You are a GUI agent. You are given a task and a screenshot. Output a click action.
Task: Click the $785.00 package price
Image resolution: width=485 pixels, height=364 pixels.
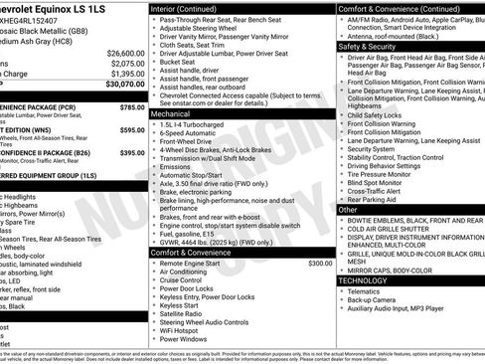[x=131, y=106]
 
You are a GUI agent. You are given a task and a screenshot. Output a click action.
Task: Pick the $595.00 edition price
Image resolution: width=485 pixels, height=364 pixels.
[x=131, y=130]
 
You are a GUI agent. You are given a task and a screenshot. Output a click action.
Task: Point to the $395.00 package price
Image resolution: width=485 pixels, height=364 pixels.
[x=131, y=153]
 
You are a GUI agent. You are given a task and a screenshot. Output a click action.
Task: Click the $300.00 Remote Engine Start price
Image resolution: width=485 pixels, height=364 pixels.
[x=320, y=264]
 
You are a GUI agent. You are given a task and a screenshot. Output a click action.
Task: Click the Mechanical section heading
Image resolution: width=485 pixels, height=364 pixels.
[x=172, y=114]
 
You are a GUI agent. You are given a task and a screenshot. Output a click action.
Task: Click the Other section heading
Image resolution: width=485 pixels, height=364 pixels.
[x=348, y=210]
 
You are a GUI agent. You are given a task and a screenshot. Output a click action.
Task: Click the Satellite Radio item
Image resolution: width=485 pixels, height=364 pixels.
[x=186, y=310]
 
